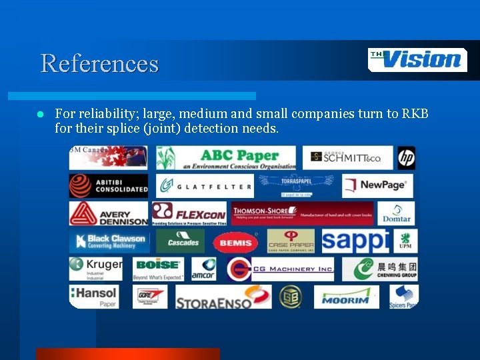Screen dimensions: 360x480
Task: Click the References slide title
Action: coord(99,63)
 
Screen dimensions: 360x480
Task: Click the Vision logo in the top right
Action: coord(417,60)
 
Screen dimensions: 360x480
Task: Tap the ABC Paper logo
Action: coord(226,158)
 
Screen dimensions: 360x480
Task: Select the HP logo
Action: coord(407,158)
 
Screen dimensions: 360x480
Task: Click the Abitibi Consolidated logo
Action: coord(109,186)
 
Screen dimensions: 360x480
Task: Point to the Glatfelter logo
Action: coord(205,186)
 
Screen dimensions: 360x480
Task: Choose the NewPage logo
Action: coord(377,186)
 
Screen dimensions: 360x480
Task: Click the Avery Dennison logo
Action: coord(109,213)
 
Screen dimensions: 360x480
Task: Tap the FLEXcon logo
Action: coord(189,213)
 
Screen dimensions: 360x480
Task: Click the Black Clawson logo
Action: coord(109,241)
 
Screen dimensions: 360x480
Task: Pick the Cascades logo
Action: coord(181,241)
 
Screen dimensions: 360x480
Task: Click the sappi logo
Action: coord(355,241)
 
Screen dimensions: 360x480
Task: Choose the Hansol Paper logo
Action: coord(94,297)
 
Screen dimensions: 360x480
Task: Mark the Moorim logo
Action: coord(346,297)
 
